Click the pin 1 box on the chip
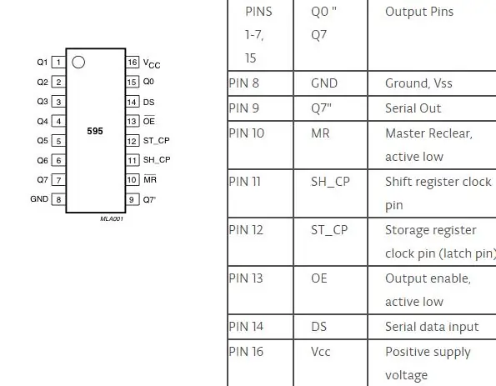point(58,63)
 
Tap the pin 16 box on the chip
point(133,62)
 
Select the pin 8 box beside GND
point(58,199)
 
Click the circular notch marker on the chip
point(78,63)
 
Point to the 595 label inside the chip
point(95,131)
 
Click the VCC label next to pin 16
point(152,63)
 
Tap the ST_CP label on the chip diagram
point(156,141)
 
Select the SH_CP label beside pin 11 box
point(157,160)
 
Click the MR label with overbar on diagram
point(150,179)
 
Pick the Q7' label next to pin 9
point(149,199)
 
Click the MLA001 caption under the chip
point(112,218)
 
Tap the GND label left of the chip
point(39,199)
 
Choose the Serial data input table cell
point(432,327)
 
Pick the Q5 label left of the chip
point(43,141)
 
